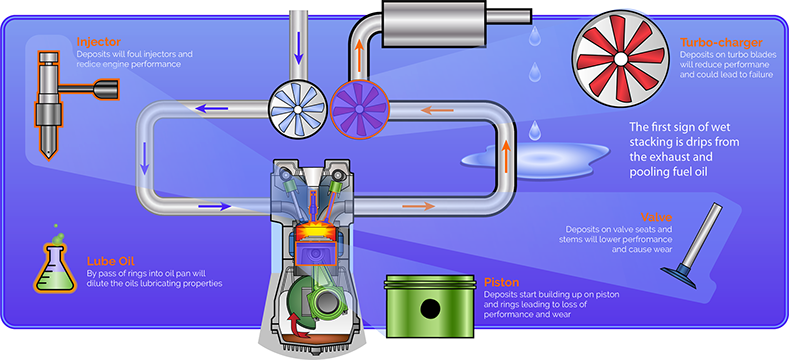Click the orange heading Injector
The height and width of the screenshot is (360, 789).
98,41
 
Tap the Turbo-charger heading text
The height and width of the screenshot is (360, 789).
714,42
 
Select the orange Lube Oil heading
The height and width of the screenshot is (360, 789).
111,261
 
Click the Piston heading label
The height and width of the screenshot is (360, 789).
501,281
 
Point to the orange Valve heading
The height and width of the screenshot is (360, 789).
657,218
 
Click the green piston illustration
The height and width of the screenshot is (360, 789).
429,305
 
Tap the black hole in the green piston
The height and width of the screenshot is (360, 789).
430,309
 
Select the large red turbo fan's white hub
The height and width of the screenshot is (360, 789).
620,59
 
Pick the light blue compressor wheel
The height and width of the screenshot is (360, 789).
297,109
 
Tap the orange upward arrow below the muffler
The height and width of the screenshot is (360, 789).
359,51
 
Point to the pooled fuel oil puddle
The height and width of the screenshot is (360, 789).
535,160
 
